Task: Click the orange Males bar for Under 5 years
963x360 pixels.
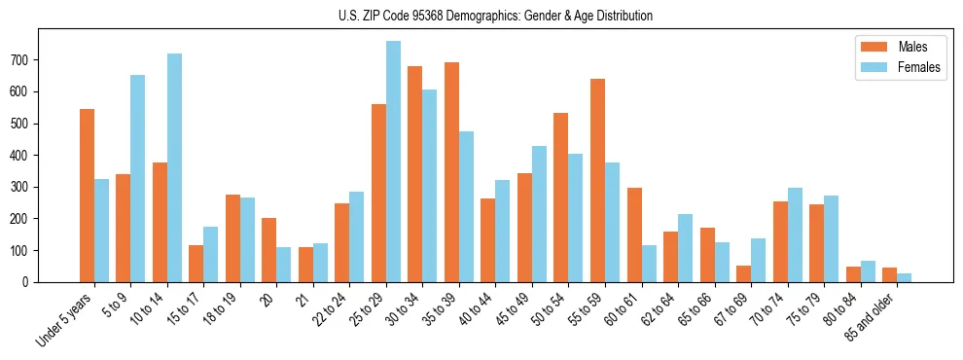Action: tap(87, 196)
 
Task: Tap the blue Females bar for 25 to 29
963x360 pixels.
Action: tap(393, 162)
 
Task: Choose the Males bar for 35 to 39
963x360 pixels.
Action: tap(451, 172)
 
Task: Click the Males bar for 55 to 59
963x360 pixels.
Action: tap(597, 180)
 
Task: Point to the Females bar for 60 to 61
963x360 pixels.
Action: tap(649, 264)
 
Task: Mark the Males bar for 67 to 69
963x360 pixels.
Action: tap(743, 273)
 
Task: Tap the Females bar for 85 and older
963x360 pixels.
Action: tap(904, 277)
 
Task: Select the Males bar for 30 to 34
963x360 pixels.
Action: tap(415, 174)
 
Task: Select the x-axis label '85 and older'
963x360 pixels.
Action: tap(872, 316)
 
